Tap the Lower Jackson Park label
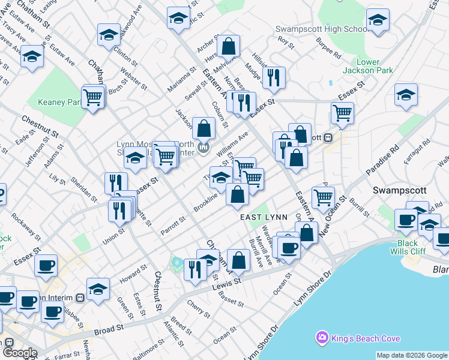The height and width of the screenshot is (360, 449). tap(376, 66)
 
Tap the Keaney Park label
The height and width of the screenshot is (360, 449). tap(59, 103)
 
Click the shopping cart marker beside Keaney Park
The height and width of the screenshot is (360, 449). tap(92, 97)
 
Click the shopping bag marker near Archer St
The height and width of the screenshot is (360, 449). tap(228, 46)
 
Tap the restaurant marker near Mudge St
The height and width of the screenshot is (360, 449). tap(273, 77)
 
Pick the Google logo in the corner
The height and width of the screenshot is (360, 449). tap(19, 353)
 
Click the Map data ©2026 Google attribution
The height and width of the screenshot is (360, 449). tap(411, 356)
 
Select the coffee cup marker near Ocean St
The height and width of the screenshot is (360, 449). tap(289, 247)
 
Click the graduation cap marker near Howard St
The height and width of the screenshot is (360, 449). tap(98, 290)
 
